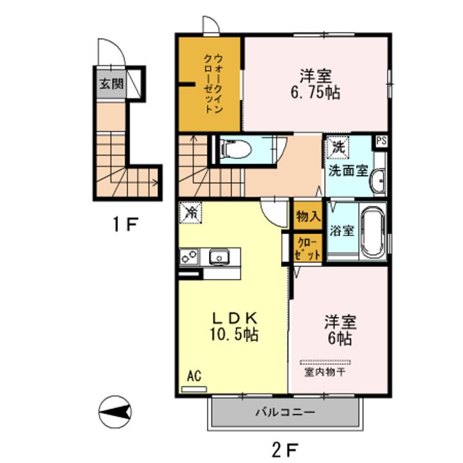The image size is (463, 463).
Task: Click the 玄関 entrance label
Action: click(111, 84)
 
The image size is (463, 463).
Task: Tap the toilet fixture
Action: click(236, 149)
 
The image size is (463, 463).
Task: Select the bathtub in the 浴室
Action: click(373, 232)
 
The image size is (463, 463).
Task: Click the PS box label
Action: click(381, 141)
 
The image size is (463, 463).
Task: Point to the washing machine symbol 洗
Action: click(338, 147)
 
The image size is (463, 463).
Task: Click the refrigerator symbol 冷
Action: click(191, 213)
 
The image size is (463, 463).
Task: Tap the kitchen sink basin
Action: click(219, 257)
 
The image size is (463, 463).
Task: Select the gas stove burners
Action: click(189, 257)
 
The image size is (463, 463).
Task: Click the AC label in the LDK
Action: click(194, 376)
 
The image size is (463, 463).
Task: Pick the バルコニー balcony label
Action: click(286, 412)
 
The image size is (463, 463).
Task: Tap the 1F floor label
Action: click(125, 224)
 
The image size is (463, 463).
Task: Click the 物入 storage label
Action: click(308, 217)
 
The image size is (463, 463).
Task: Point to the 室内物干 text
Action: click(325, 372)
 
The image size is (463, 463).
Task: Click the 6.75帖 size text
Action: click(316, 93)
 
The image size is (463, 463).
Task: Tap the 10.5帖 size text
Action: click(234, 334)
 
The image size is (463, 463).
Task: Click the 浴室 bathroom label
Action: click(342, 231)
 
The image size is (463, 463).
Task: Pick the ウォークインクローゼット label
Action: click(213, 84)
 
